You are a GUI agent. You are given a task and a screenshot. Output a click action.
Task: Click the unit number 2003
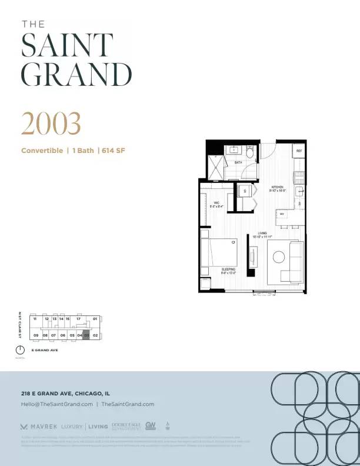coord(51,123)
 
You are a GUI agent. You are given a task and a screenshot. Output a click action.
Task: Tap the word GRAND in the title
coord(76,75)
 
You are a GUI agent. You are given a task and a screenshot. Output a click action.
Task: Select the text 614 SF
coord(113,151)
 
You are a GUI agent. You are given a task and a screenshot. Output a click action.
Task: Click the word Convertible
coord(42,151)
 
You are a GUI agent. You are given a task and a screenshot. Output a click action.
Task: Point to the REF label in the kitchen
coord(299,151)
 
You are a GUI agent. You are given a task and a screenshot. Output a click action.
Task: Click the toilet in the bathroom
coord(250,154)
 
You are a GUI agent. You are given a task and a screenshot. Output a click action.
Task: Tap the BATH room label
coord(238,162)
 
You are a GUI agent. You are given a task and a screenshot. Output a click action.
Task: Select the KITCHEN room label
coord(277,188)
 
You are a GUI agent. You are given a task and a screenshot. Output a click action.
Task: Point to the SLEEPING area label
coord(228,270)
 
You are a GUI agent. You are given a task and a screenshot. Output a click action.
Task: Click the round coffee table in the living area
coord(278,257)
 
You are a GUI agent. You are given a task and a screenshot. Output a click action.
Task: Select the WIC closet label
coord(216,204)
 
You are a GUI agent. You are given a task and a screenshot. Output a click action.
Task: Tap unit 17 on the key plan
coord(78,319)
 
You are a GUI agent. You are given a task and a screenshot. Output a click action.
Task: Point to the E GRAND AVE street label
coord(44,350)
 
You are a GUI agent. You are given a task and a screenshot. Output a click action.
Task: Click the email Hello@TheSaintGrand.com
coord(56,404)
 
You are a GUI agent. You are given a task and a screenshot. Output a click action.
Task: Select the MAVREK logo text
coord(43,427)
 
